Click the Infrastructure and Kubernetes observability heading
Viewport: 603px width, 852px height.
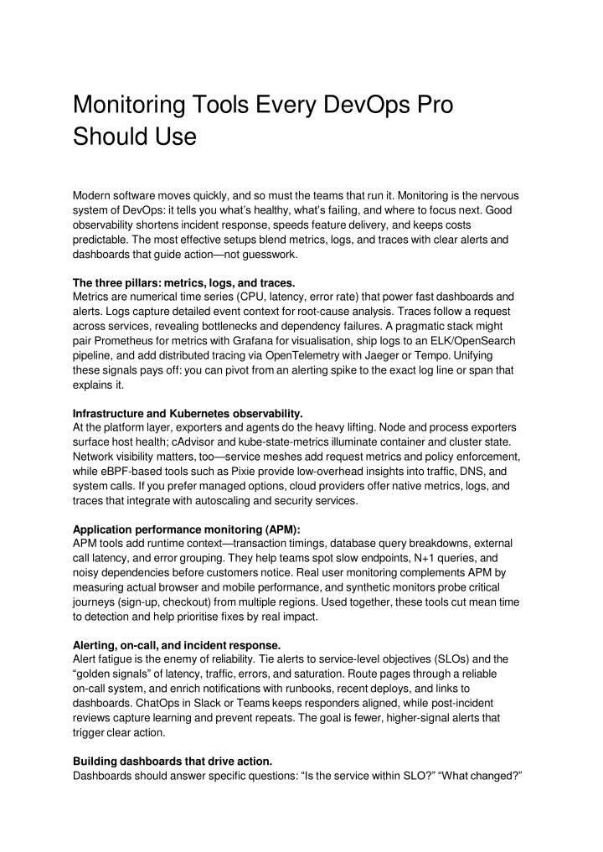click(x=188, y=413)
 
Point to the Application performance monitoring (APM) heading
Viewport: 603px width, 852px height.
click(x=187, y=529)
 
